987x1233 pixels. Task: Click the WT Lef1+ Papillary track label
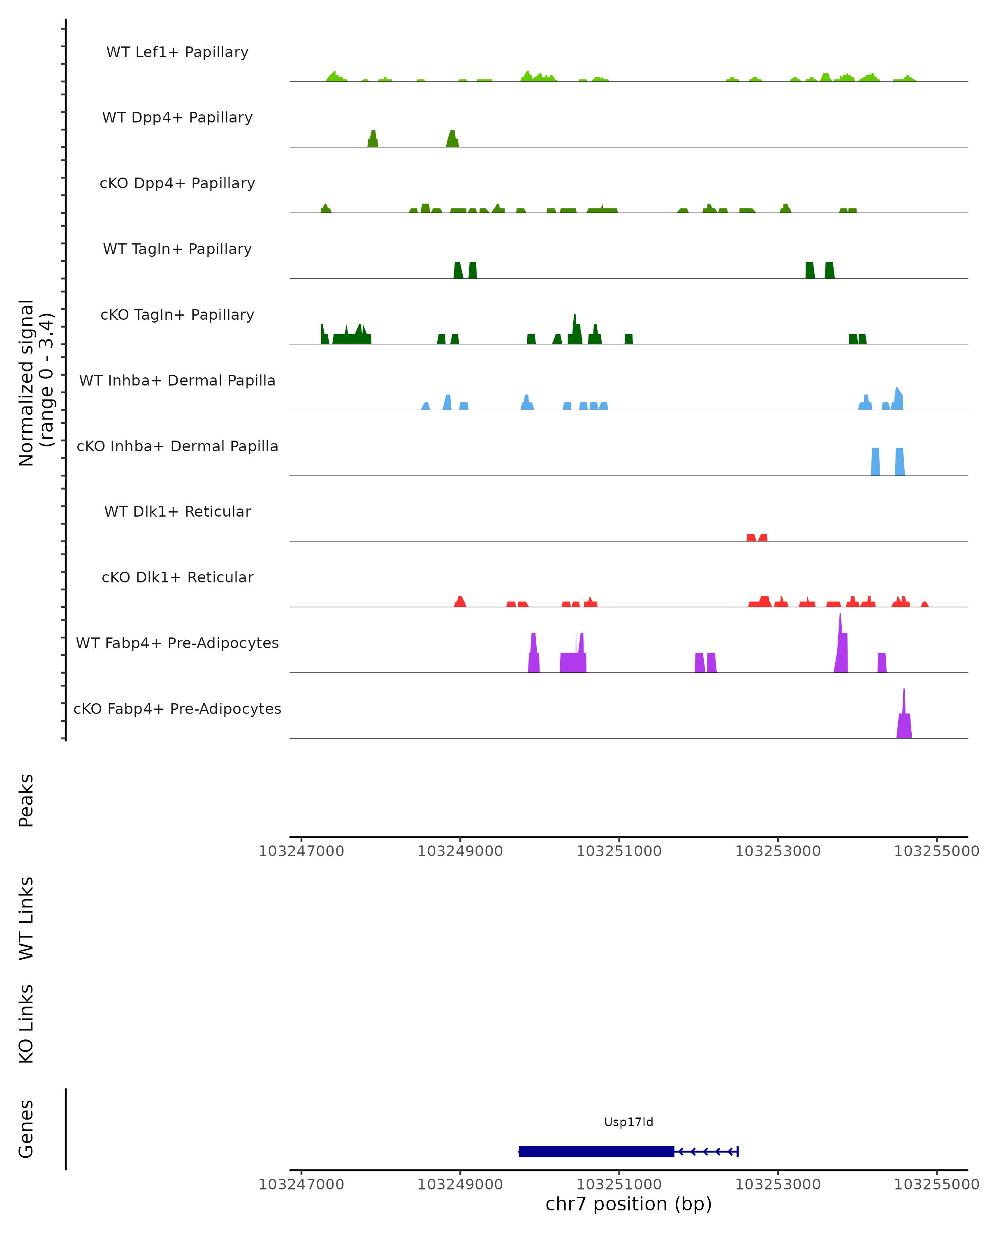177,52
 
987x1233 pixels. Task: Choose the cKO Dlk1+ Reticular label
177,577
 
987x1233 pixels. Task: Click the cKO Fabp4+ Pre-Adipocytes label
177,709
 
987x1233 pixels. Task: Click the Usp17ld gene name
628,1122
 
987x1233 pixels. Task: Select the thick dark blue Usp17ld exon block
596,1152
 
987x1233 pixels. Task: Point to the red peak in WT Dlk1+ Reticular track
756,538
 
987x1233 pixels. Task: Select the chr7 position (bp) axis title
628,1204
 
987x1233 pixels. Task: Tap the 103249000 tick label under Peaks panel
460,851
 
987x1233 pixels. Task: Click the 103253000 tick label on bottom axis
778,1185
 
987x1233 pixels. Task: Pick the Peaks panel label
26,800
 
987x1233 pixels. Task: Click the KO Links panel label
26,1024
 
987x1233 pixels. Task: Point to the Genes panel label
26,1129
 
